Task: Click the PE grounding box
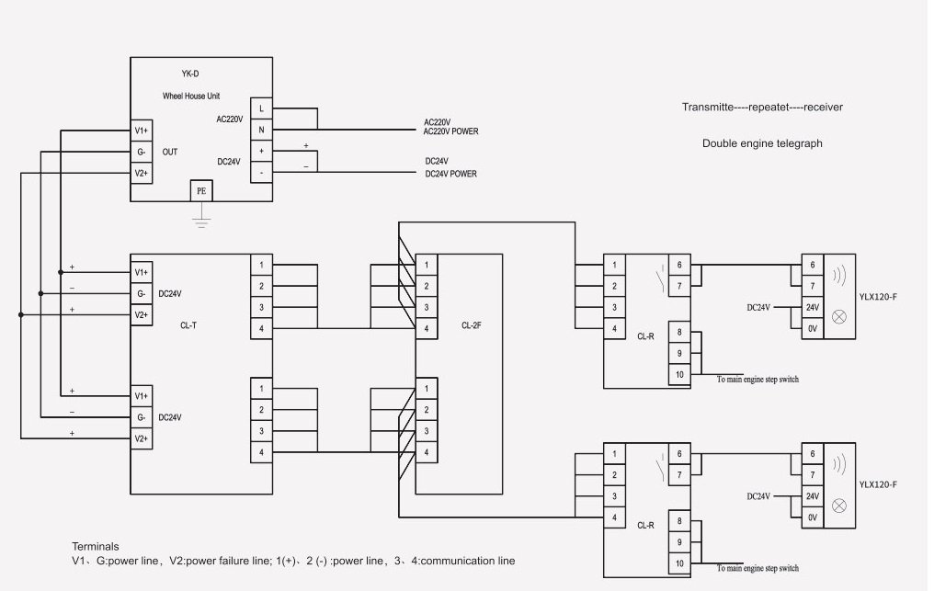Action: (201, 191)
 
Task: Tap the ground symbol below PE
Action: (201, 222)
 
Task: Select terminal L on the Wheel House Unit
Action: (262, 108)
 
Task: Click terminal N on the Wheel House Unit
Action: (262, 130)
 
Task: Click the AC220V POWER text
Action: (450, 131)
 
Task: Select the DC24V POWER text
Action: (450, 174)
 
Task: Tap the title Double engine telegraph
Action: (762, 143)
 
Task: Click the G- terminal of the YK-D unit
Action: (141, 152)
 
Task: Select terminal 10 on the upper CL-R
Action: (679, 374)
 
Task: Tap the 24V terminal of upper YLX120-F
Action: (812, 307)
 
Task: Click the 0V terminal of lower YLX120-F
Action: (812, 517)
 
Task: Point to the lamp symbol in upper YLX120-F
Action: (838, 316)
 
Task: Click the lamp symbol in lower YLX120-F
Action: (838, 506)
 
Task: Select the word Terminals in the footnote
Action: (96, 546)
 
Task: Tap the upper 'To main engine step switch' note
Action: (757, 379)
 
